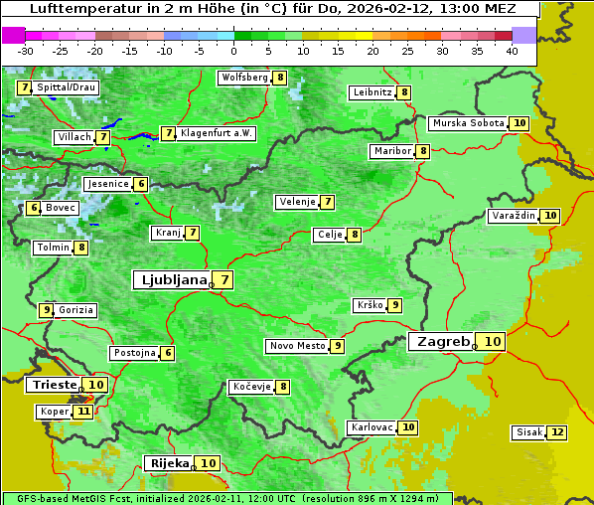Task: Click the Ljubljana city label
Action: coord(171,280)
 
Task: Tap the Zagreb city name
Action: coord(442,341)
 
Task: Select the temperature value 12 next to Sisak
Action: coord(557,432)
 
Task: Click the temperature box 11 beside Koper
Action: coord(82,412)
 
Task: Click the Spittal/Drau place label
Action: coord(66,87)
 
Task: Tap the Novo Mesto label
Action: coord(297,346)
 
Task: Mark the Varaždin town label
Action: coord(514,216)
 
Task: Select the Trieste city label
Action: coord(55,385)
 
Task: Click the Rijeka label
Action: coord(170,463)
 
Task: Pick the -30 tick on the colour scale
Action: coord(26,50)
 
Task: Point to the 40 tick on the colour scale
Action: coord(511,50)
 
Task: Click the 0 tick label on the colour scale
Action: coord(233,50)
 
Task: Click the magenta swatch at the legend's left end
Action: coord(13,35)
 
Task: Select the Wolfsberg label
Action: coord(244,78)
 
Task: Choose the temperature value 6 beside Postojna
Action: coord(168,353)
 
